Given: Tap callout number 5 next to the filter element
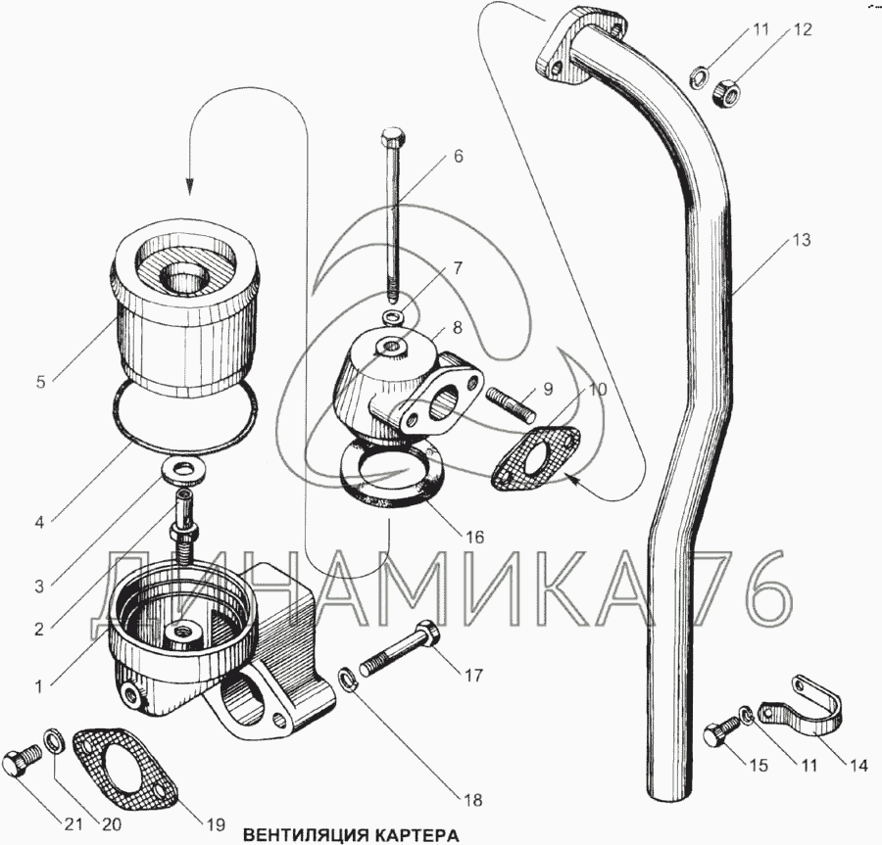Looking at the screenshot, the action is point(39,383).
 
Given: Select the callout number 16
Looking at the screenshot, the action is point(474,537).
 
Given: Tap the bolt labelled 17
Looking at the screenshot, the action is point(402,651).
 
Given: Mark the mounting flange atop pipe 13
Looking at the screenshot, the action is point(568,49).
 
